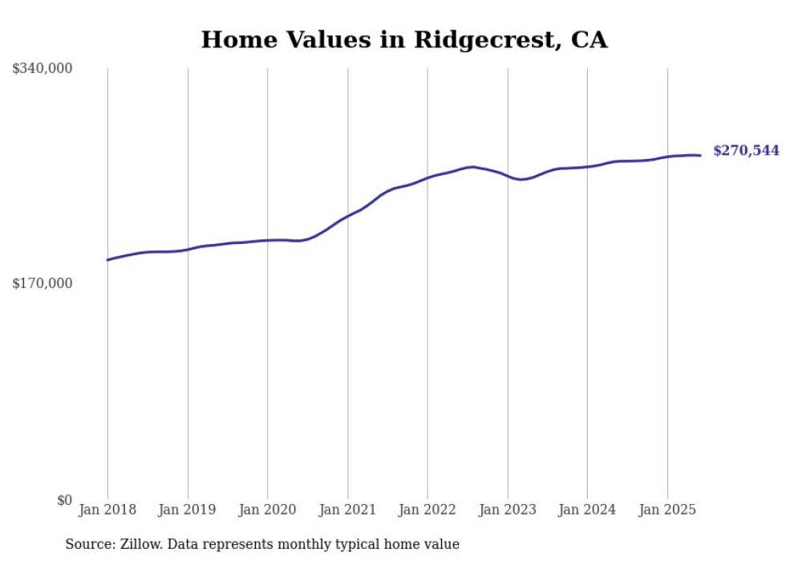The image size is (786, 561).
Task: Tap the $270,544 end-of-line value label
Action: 745,150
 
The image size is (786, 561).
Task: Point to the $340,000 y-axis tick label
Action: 43,69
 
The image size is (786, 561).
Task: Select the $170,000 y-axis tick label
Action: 43,283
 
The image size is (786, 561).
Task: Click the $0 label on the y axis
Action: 64,500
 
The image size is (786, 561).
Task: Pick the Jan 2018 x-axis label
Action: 107,510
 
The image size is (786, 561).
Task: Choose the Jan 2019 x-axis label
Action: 188,510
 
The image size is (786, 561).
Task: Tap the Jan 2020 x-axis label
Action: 267,510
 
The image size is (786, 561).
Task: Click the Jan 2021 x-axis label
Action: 347,510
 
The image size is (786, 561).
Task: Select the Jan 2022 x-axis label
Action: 427,510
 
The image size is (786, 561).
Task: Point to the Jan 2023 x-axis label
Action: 507,510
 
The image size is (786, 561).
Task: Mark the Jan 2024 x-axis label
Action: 587,510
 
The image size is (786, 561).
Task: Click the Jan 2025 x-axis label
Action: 667,510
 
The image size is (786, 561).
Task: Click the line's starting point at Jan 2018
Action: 107,259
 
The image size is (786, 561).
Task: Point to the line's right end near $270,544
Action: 700,155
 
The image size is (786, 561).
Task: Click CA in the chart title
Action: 589,40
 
